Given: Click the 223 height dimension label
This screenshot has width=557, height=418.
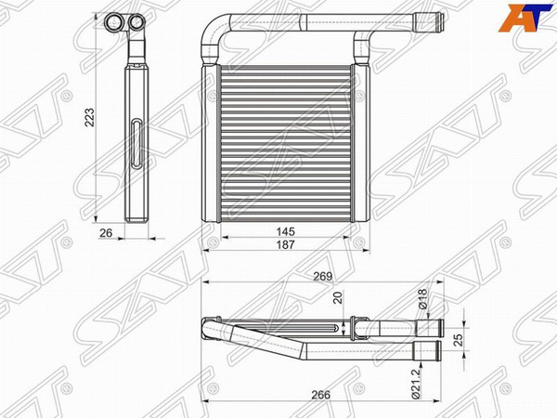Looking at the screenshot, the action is tap(89, 117).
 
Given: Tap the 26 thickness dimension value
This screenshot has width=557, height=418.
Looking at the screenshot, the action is tap(106, 233).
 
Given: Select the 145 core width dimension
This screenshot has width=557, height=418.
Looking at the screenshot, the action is tap(286, 231).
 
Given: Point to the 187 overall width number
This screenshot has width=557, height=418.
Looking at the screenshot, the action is tap(286, 244).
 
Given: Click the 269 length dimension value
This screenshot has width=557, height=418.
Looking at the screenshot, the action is tap(322, 276).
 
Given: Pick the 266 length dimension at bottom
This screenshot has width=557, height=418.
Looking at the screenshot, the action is tap(321, 395).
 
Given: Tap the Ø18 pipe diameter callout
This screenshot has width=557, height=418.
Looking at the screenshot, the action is tap(422, 298).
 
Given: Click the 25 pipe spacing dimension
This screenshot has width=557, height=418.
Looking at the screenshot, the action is tap(459, 339).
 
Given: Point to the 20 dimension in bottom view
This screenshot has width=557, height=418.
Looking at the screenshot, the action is tap(338, 297).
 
